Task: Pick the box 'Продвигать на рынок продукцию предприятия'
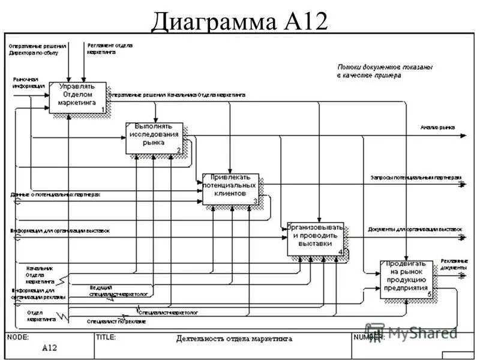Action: (406, 279)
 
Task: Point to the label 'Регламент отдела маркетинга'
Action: (110, 49)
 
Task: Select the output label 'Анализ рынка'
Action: (437, 128)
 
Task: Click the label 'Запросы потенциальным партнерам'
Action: (415, 178)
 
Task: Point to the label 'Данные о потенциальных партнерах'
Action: (55, 195)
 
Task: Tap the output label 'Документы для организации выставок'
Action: (415, 230)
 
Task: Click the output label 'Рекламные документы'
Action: (454, 264)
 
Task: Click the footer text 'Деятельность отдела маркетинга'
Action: (234, 338)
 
